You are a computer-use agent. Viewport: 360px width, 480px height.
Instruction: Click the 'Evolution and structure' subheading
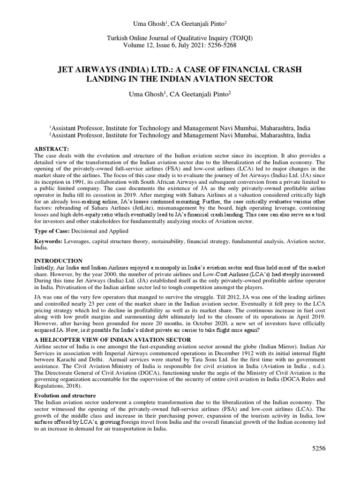pyautogui.click(x=65, y=396)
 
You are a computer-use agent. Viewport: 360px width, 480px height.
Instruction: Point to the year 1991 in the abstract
pyautogui.click(x=79, y=181)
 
